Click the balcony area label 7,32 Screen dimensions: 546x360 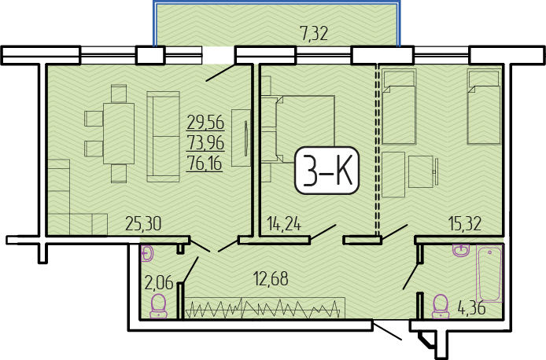[314, 34]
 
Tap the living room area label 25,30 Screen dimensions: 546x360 [143, 224]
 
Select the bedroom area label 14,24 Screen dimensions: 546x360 [284, 224]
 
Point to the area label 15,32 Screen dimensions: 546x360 [464, 224]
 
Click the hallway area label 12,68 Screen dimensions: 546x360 [271, 279]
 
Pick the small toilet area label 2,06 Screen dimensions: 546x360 [160, 282]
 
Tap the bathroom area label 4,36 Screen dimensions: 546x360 [472, 308]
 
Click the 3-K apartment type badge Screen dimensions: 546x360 [326, 171]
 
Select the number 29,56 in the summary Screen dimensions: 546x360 [205, 123]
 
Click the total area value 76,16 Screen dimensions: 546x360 [205, 163]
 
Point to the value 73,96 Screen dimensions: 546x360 [205, 143]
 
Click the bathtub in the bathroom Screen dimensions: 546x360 [489, 274]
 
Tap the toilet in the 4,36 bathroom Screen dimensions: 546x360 [441, 307]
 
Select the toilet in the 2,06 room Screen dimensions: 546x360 [158, 306]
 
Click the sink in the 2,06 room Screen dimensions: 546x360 [147, 254]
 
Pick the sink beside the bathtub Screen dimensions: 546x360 [461, 250]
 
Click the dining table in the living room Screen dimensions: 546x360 [119, 134]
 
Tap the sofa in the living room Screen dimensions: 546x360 [163, 137]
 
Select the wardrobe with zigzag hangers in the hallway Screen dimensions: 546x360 [264, 308]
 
